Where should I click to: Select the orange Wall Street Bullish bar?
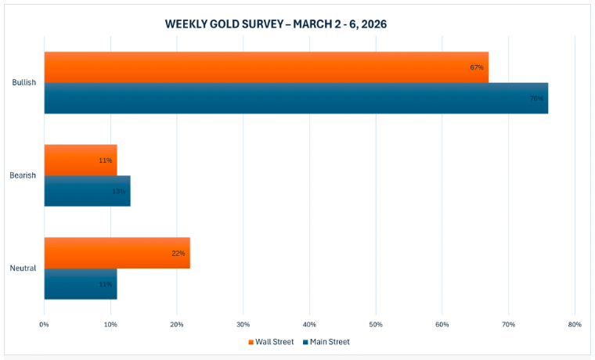coord(266,67)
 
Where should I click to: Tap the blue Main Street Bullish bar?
coord(296,99)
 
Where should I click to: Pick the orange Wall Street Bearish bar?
coord(80,160)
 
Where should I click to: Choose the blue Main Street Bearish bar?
coord(87,191)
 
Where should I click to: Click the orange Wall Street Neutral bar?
coord(117,253)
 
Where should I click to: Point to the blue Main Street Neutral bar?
coord(80,284)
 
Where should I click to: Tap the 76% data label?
coord(536,99)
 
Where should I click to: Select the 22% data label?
coord(178,253)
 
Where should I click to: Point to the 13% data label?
coord(118,191)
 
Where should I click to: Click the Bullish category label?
coord(23,83)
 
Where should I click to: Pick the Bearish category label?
coord(23,175)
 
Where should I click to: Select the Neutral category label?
coord(23,268)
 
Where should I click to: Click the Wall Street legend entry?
coord(271,342)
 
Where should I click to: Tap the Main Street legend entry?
coord(326,342)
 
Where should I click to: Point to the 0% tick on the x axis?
coord(44,324)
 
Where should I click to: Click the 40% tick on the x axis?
coord(309,324)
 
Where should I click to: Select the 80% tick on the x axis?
coord(575,324)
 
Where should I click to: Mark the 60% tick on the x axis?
coord(442,324)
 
